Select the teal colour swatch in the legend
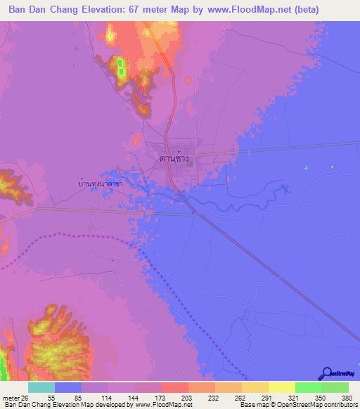[41, 387]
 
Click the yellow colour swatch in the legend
[281, 387]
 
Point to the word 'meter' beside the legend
[11, 398]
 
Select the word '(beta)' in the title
[303, 10]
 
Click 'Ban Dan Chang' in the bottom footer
[26, 405]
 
